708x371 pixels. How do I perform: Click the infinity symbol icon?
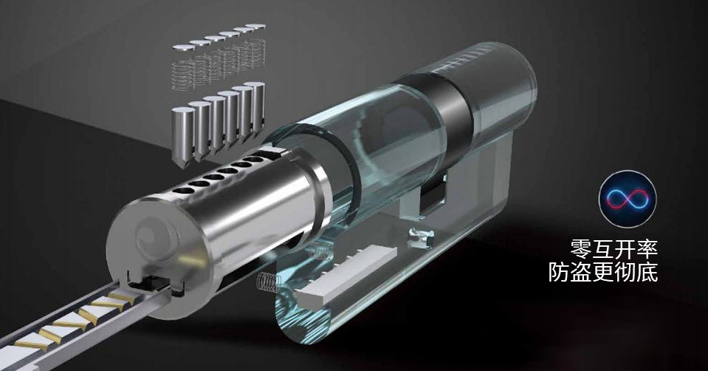pyautogui.click(x=628, y=199)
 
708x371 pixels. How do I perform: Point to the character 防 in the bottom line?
pyautogui.click(x=559, y=273)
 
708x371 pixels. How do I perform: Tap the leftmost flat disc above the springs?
pyautogui.click(x=183, y=47)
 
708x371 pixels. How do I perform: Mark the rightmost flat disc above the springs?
pyautogui.click(x=255, y=26)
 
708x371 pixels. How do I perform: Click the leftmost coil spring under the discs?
pyautogui.click(x=185, y=75)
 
